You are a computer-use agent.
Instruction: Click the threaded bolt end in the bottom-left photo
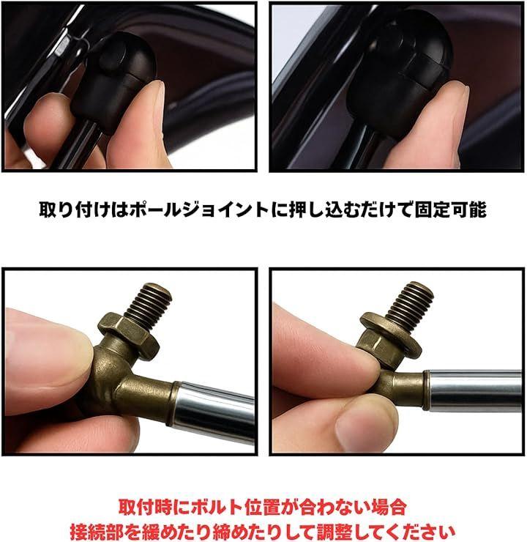152,304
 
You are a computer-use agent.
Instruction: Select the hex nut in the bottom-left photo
129,335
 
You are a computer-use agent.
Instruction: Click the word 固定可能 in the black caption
450,209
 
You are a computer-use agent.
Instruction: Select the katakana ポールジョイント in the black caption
199,209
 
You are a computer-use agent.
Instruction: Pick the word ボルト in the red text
216,508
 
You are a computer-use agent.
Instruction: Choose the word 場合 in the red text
388,508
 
